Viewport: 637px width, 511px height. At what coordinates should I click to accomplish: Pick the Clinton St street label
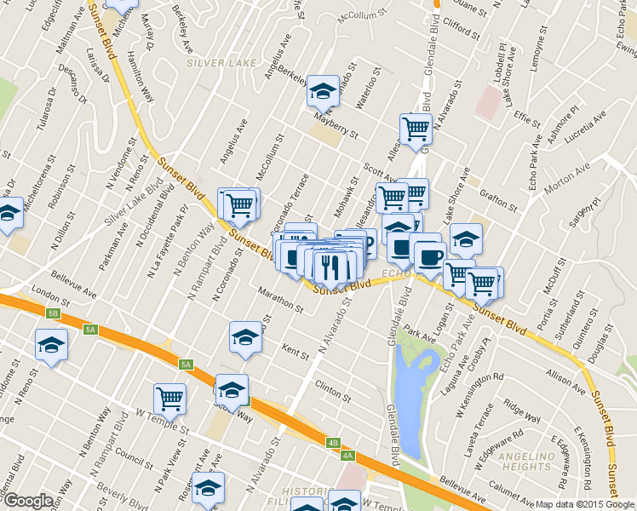tap(333, 393)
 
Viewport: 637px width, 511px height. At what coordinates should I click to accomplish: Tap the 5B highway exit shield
tap(54, 314)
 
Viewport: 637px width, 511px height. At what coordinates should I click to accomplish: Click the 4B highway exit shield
tap(334, 443)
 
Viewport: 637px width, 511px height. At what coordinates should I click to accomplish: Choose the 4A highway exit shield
tap(347, 456)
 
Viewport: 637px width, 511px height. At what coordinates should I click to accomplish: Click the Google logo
tap(28, 501)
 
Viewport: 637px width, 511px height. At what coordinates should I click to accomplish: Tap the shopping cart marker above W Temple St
tap(169, 397)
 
